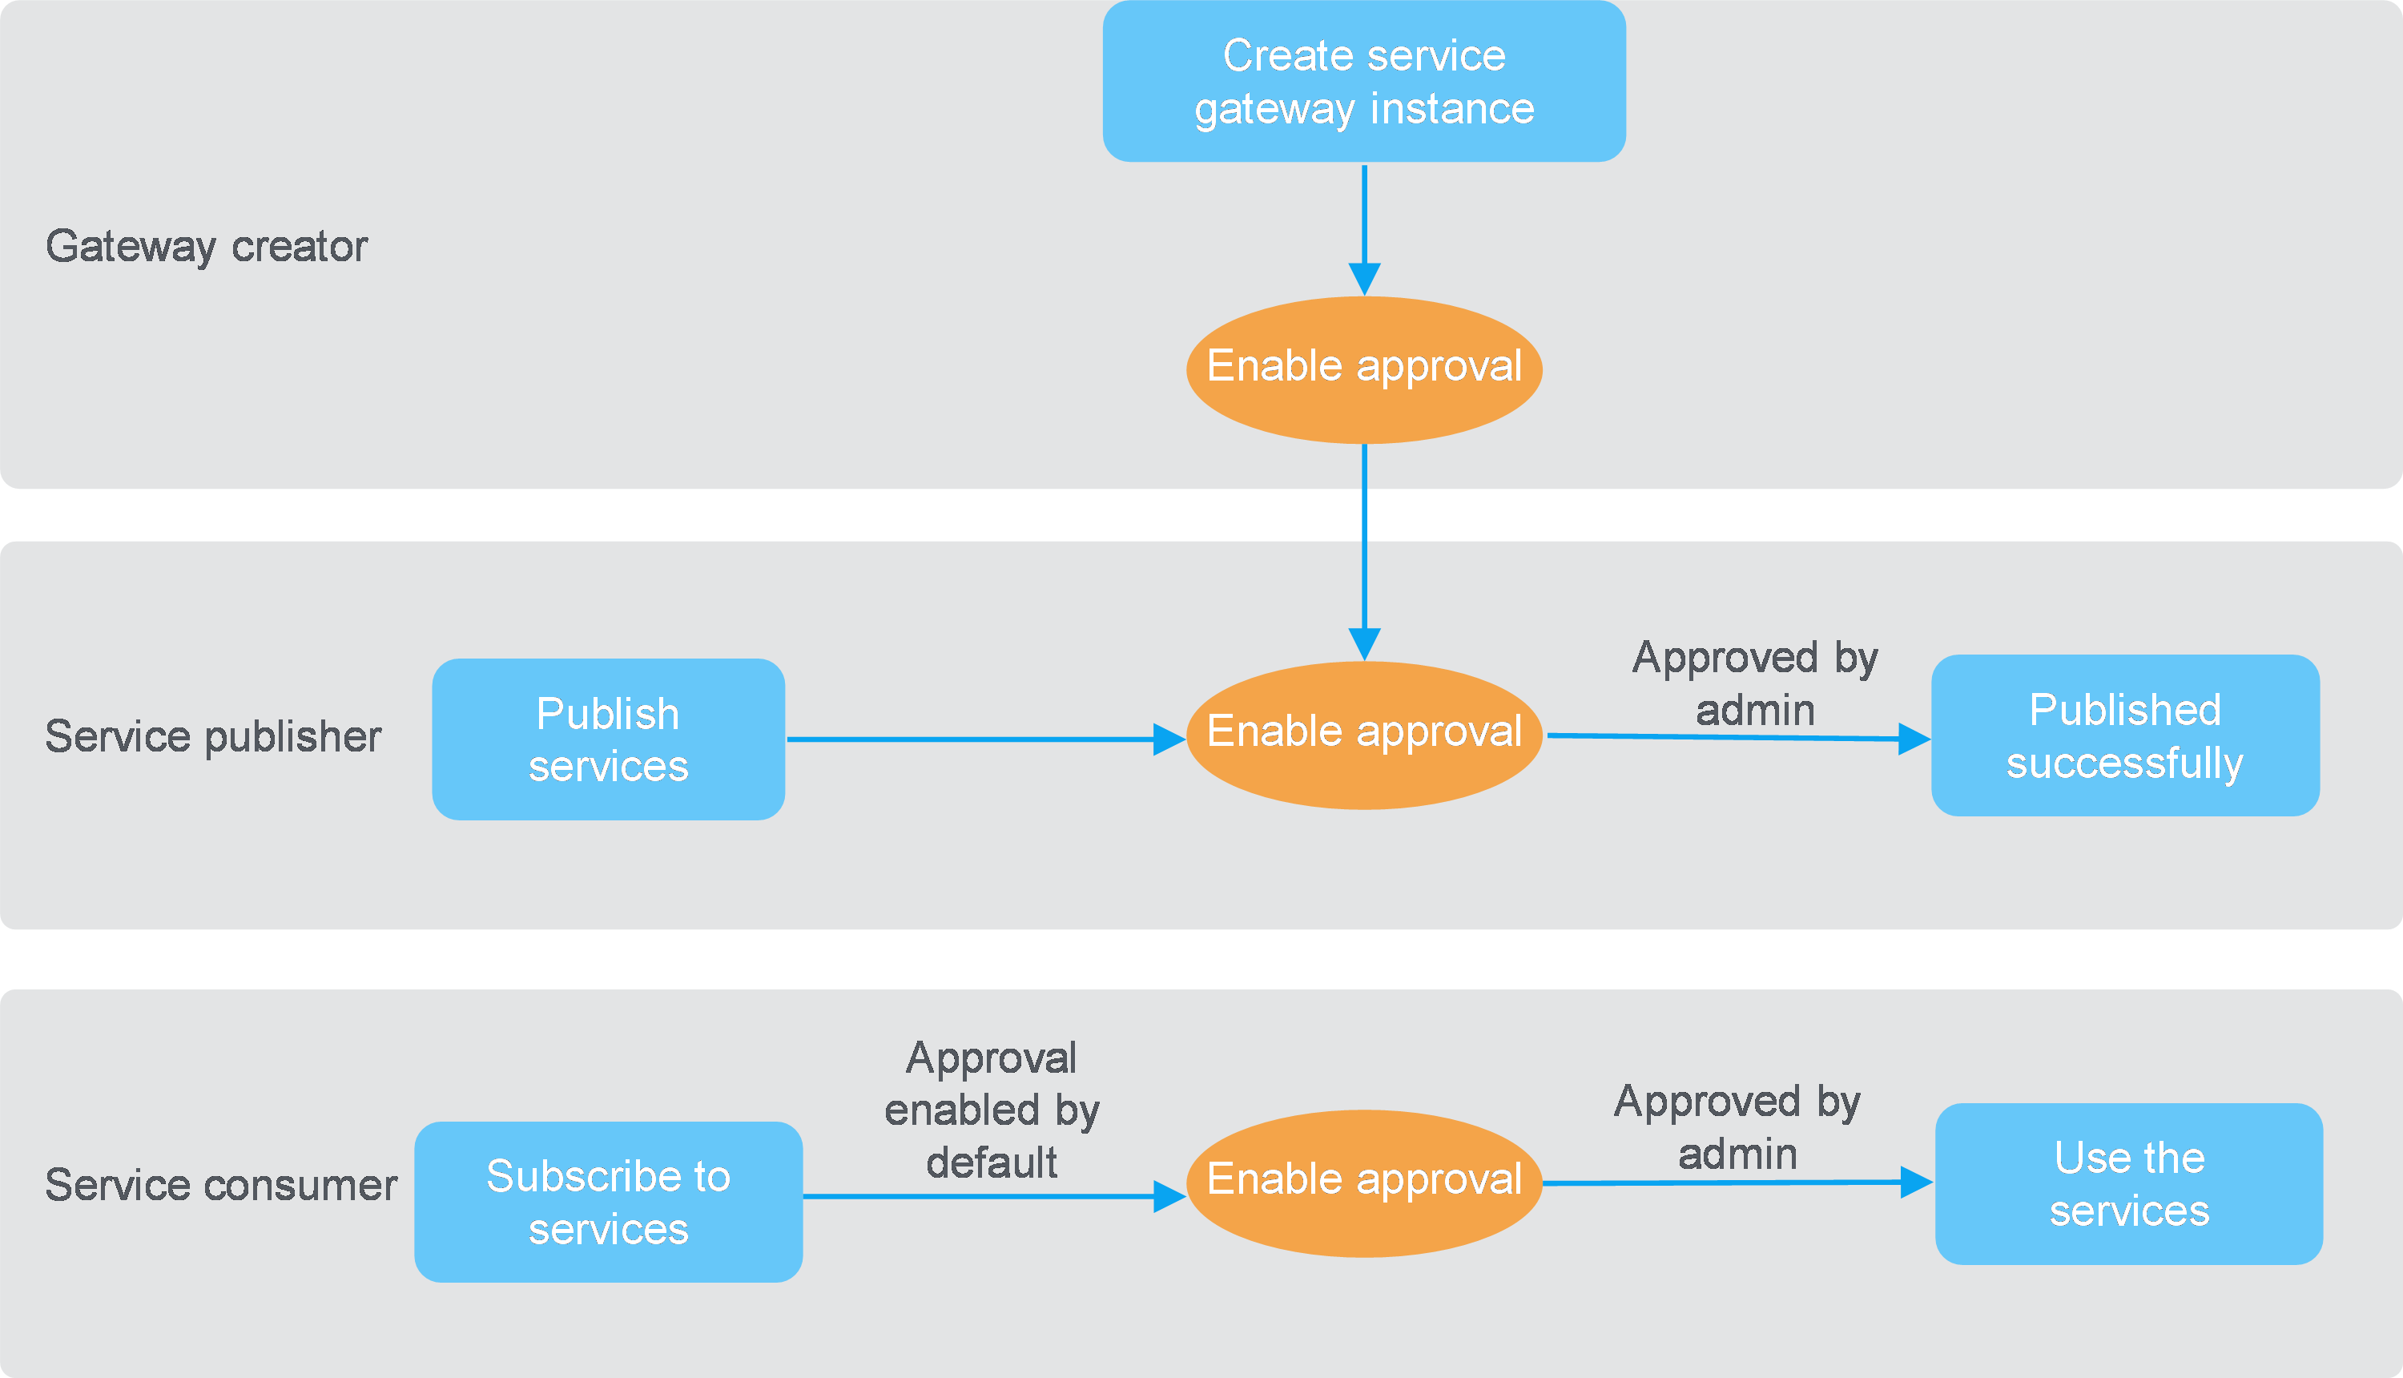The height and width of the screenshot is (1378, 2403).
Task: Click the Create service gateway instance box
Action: tap(1364, 82)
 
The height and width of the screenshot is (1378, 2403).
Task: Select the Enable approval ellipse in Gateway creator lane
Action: tap(1364, 369)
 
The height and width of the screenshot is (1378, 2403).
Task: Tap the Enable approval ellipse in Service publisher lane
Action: tap(1364, 735)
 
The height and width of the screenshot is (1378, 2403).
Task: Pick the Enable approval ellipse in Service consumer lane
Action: tap(1364, 1183)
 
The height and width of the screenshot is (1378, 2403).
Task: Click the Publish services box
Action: tap(608, 739)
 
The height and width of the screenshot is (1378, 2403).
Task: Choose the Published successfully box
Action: tap(2125, 735)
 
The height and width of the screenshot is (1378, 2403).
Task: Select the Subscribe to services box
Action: tap(608, 1202)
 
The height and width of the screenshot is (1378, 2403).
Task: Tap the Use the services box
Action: tap(2128, 1184)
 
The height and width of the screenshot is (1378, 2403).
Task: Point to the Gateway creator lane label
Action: tap(206, 247)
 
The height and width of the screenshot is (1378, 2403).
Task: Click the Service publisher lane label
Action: tap(213, 736)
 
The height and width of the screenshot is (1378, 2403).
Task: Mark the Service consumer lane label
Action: tap(221, 1185)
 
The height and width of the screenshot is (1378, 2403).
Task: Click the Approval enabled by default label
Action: tap(992, 1110)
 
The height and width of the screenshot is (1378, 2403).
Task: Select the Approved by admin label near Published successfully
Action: tap(1755, 683)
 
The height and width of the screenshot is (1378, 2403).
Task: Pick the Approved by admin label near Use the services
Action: tap(1737, 1127)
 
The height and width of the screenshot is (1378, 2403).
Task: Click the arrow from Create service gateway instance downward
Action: tap(1364, 230)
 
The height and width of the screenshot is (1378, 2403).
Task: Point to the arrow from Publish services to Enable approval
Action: tap(986, 739)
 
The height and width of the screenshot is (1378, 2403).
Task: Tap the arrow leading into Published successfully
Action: tap(1739, 737)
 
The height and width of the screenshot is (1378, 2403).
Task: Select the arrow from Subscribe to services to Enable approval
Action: tap(994, 1196)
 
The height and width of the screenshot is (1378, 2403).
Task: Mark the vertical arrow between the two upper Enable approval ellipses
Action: tap(1364, 553)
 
